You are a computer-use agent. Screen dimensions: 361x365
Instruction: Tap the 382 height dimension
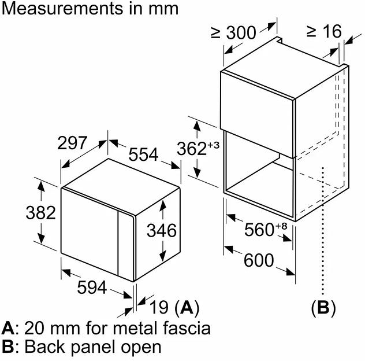point(40,213)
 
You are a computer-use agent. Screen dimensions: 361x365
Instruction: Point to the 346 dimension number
point(161,230)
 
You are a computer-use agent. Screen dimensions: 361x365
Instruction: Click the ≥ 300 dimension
point(233,33)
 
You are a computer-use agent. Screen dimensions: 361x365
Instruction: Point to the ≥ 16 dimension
point(325,31)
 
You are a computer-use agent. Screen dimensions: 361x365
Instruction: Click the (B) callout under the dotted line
point(323,307)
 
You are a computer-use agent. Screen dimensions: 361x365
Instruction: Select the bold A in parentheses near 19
point(186,307)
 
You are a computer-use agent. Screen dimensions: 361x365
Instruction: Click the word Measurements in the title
point(57,9)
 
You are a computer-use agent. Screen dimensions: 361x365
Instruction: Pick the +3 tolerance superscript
point(214,145)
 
